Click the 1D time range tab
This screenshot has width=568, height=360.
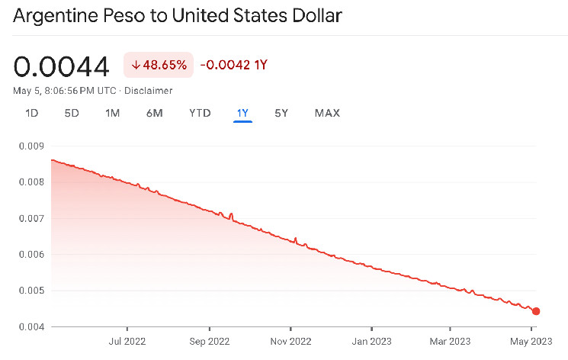click(32, 113)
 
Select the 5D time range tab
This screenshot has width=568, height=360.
click(72, 113)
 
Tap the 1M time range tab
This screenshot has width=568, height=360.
click(112, 113)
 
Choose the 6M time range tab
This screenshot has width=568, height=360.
click(154, 113)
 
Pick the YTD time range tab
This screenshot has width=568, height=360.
click(200, 113)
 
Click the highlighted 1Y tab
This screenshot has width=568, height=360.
click(242, 113)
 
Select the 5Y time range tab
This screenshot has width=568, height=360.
click(281, 113)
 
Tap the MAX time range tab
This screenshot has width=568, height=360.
click(327, 113)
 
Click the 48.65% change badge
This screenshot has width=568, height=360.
click(159, 66)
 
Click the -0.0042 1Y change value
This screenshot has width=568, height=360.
click(233, 66)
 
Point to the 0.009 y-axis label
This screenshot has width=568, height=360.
click(30, 146)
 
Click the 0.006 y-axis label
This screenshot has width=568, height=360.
click(30, 255)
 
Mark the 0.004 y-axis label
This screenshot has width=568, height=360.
click(30, 327)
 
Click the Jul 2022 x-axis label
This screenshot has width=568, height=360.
click(127, 340)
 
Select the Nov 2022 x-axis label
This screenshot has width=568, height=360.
click(290, 340)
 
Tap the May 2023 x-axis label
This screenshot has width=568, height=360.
click(531, 340)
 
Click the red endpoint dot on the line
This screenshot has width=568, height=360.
click(536, 311)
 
